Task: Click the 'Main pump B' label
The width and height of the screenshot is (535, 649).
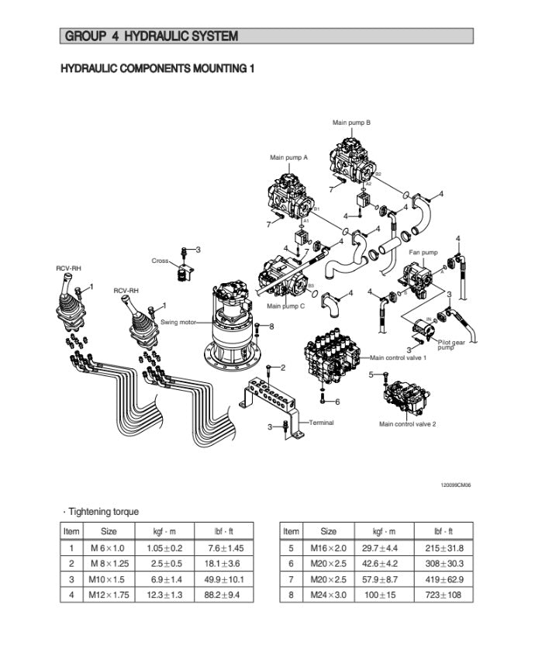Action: [351, 123]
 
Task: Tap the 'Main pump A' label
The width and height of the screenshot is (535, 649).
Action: [288, 157]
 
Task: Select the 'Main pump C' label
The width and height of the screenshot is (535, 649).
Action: [285, 306]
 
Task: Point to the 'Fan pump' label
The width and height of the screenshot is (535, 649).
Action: [423, 253]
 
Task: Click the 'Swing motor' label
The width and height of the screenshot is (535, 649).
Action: [178, 322]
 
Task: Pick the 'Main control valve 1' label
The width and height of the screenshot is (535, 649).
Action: [399, 357]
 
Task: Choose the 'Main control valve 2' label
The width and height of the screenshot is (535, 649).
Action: [407, 424]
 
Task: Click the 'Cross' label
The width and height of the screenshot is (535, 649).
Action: [160, 261]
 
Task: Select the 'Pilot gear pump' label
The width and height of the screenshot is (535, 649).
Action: [452, 345]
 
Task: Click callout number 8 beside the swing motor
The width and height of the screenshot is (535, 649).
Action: [271, 326]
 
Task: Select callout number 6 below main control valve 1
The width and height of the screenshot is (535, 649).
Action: [337, 401]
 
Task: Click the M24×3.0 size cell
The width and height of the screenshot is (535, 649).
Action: [328, 595]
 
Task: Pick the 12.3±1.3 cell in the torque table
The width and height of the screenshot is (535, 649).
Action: [165, 595]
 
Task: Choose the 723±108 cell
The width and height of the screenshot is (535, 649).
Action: [446, 595]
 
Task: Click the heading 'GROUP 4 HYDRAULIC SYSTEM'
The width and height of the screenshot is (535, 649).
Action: [151, 36]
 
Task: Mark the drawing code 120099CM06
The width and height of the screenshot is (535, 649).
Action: [456, 485]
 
